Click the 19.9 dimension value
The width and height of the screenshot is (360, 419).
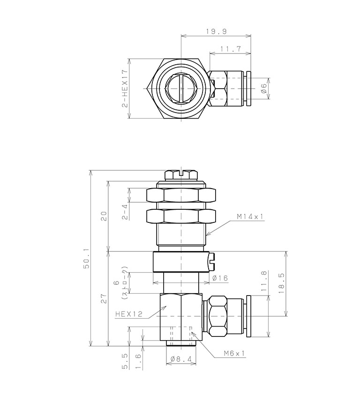(216, 31)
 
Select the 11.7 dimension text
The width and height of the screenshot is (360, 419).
(231, 49)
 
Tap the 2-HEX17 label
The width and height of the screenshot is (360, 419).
(125, 89)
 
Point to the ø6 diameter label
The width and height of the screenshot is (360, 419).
(264, 88)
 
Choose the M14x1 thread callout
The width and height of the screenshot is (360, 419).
(250, 216)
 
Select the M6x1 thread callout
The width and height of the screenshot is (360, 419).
(234, 353)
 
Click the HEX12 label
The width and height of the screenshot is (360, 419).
(129, 314)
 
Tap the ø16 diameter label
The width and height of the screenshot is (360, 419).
(220, 278)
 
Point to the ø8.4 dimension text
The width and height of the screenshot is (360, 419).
(181, 359)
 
